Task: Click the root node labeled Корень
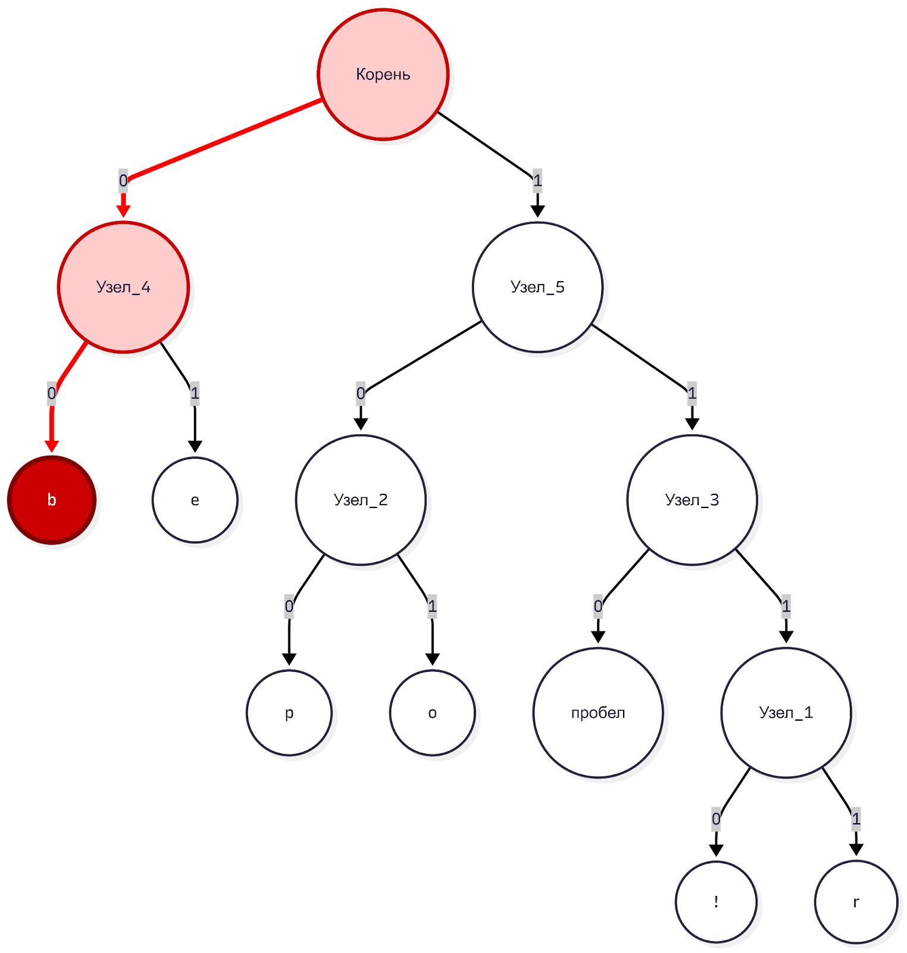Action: point(383,74)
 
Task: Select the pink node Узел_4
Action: point(123,287)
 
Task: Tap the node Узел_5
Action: point(537,287)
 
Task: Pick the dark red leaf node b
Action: point(52,500)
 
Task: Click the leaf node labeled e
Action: point(195,500)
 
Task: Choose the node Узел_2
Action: point(361,500)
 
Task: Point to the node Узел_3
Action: point(692,500)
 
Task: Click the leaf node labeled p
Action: point(289,712)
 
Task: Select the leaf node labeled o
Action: point(432,712)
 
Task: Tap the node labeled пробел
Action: point(598,712)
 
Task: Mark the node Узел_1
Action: point(786,712)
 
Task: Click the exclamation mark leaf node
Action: point(716,902)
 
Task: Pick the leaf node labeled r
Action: point(856,902)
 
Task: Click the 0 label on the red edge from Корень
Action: point(123,180)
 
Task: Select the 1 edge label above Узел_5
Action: point(537,180)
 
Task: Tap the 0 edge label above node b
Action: point(52,393)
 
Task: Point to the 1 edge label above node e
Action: point(195,393)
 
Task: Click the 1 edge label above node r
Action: point(856,819)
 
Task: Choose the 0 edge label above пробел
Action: point(598,606)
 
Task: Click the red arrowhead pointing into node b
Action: point(52,446)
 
